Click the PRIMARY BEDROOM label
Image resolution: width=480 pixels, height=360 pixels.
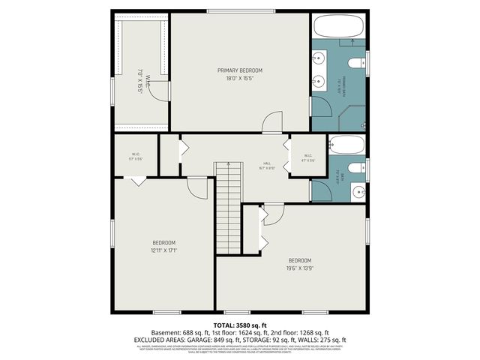[240, 70]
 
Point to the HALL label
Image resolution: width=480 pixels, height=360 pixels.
[266, 163]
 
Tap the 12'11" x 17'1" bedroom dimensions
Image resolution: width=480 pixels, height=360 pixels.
[164, 250]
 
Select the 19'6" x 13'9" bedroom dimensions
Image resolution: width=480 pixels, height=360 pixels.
[300, 267]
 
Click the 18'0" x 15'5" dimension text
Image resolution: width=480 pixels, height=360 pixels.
[240, 78]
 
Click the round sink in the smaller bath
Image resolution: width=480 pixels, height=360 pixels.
[358, 189]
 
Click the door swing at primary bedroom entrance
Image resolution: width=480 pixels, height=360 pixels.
[273, 123]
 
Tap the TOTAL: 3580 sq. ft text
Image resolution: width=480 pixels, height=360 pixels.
[240, 324]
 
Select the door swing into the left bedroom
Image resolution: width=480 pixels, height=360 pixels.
[196, 187]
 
